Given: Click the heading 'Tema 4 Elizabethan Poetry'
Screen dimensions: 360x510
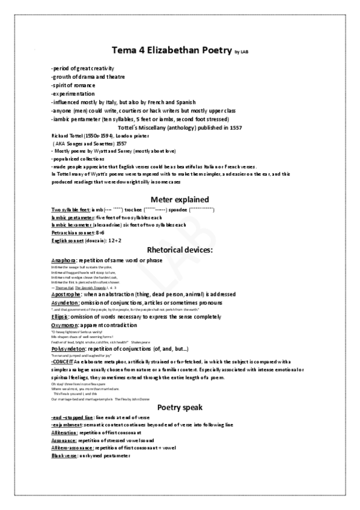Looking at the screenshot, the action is (x=171, y=51).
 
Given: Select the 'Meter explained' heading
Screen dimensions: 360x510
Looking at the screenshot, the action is (x=180, y=199).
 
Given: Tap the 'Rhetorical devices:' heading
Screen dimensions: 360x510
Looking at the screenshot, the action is (x=180, y=249).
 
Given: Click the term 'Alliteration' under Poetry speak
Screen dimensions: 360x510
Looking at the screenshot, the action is (x=67, y=432).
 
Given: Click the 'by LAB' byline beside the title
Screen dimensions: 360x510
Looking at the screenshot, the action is (x=241, y=53).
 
